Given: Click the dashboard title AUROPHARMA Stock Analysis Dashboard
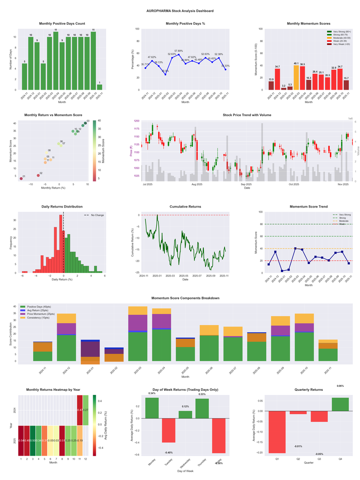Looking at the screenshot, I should tap(180, 10).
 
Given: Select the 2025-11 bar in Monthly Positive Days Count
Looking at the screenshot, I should tap(99, 87).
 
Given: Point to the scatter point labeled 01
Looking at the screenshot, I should tap(21, 179).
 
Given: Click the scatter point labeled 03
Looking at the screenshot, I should tap(85, 123).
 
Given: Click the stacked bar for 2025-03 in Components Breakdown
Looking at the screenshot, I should tap(138, 334).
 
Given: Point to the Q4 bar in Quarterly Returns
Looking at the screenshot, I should tap(340, 404).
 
